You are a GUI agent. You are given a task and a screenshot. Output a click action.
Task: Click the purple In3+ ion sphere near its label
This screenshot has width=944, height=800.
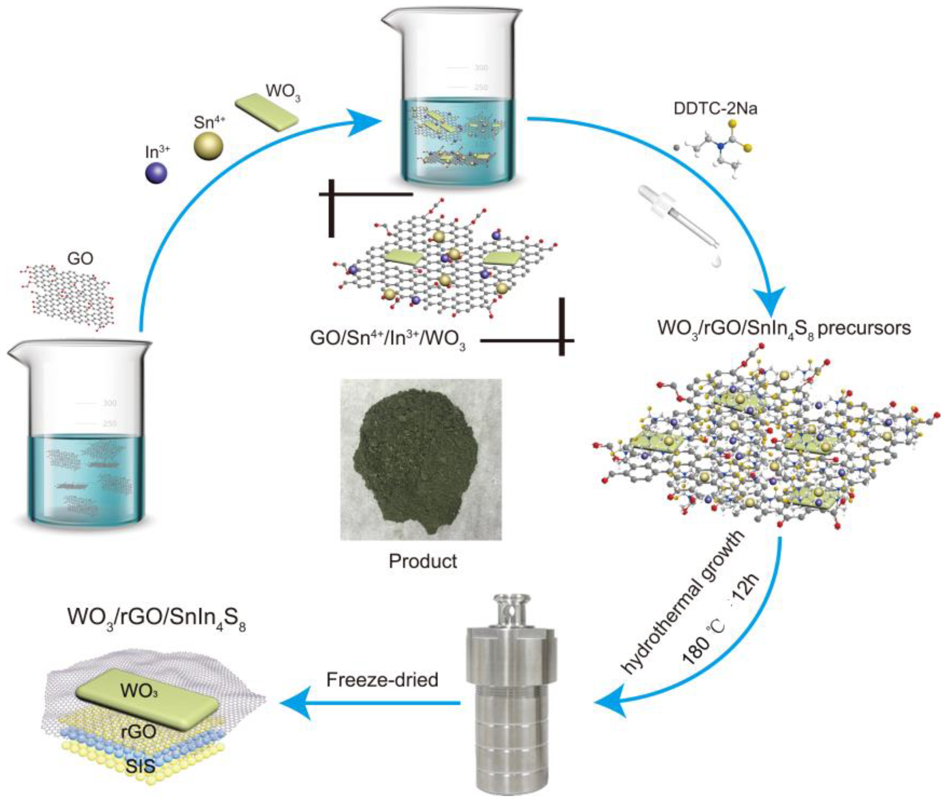155,173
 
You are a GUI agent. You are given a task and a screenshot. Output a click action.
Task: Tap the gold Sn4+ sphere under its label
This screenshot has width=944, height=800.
209,145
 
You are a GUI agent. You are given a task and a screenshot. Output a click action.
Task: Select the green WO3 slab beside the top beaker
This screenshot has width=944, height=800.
267,112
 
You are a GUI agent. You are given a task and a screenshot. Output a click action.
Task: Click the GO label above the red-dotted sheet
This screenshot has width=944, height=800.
80,258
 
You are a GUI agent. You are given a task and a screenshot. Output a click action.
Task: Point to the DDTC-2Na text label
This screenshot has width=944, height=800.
715,109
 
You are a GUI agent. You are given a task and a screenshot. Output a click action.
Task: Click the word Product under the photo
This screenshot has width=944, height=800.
423,561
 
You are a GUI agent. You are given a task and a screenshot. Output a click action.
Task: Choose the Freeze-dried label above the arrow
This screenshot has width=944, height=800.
382,679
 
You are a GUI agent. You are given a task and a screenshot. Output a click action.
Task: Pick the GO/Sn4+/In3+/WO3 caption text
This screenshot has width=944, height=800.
388,339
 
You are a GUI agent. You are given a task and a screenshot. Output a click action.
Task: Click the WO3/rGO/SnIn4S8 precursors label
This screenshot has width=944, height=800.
784,328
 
